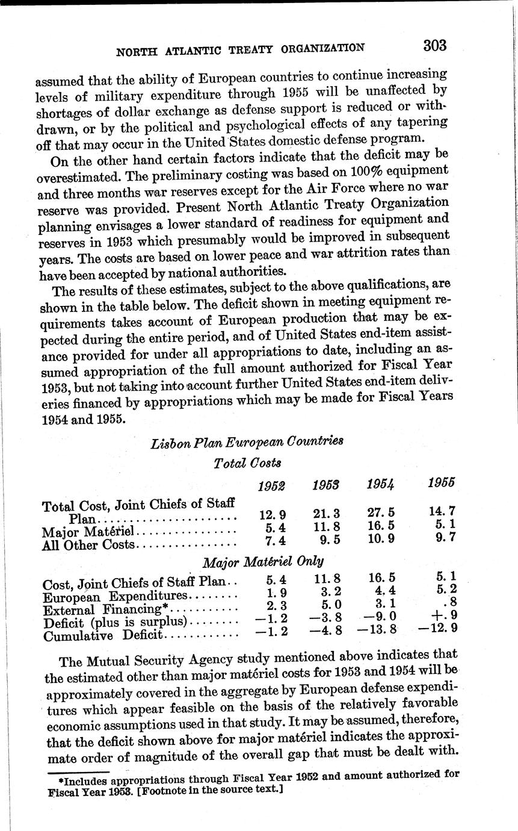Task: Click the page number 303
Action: click(434, 46)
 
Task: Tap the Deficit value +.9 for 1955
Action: click(443, 614)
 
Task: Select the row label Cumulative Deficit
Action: click(103, 635)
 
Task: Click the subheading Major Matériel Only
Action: click(263, 562)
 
